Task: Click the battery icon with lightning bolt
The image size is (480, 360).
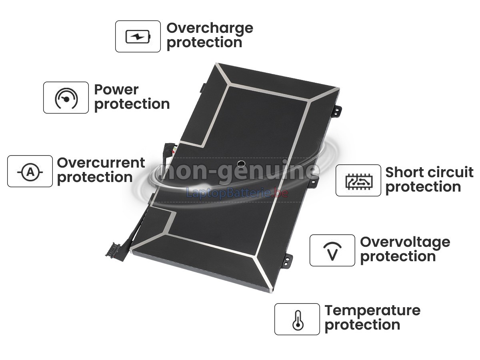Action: pyautogui.click(x=138, y=36)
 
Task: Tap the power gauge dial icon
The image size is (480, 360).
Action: pyautogui.click(x=66, y=98)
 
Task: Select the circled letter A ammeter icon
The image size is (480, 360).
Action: pyautogui.click(x=30, y=172)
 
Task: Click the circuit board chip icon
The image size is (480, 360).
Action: pyautogui.click(x=359, y=181)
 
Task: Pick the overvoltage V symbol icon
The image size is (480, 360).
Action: pyautogui.click(x=332, y=251)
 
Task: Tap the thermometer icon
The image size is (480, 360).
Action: pyautogui.click(x=298, y=320)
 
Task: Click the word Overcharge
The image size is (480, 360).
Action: pyautogui.click(x=210, y=29)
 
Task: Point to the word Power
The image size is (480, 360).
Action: pyautogui.click(x=116, y=90)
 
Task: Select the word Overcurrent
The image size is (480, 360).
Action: pyautogui.click(x=101, y=163)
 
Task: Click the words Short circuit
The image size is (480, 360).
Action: pyautogui.click(x=429, y=172)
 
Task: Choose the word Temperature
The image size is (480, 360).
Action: pyautogui.click(x=372, y=311)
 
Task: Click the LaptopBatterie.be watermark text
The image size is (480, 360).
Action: pyautogui.click(x=237, y=193)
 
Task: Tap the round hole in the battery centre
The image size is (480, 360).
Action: pyautogui.click(x=241, y=163)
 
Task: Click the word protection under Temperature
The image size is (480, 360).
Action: pyautogui.click(x=362, y=325)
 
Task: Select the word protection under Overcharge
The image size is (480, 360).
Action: pyautogui.click(x=204, y=43)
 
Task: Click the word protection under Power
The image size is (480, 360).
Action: pyautogui.click(x=132, y=104)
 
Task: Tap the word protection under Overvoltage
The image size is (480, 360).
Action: pyautogui.click(x=398, y=257)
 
